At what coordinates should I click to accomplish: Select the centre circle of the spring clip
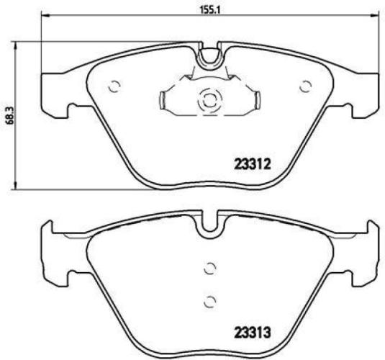click(x=209, y=100)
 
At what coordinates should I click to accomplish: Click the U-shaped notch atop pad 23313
click(x=209, y=225)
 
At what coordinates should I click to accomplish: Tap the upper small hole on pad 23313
click(x=209, y=269)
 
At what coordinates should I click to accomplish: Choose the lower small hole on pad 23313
click(x=209, y=301)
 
